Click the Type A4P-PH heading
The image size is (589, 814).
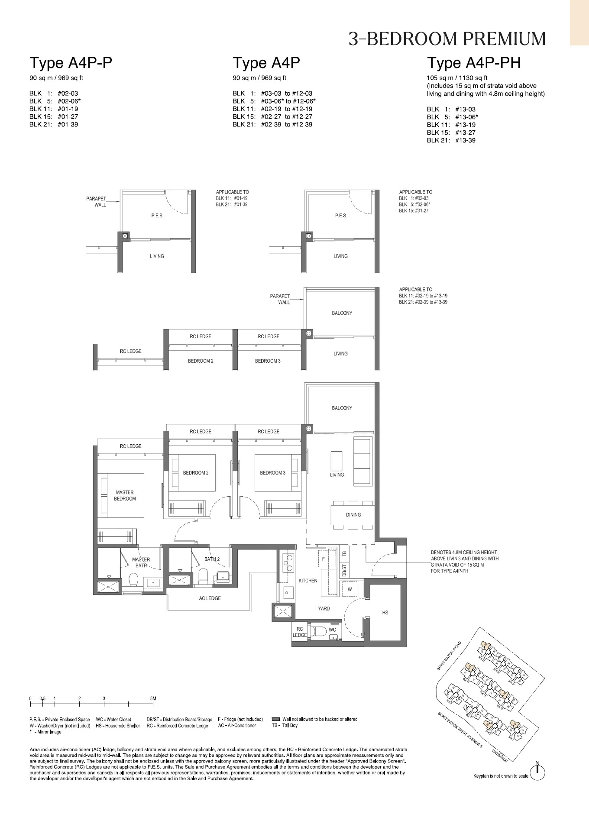click(x=474, y=63)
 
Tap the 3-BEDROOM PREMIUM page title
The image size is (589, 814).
click(x=447, y=39)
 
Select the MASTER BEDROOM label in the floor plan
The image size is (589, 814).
click(x=125, y=495)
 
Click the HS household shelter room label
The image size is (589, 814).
click(x=385, y=612)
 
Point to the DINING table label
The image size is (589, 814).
click(x=353, y=515)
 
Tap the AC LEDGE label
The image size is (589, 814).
click(x=210, y=598)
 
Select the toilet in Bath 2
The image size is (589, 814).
click(x=203, y=576)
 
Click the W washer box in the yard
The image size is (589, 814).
click(x=350, y=589)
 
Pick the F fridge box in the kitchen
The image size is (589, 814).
click(x=323, y=559)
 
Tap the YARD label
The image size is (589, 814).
click(x=324, y=608)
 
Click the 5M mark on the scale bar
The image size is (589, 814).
click(x=153, y=698)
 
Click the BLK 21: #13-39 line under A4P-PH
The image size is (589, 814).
click(x=451, y=140)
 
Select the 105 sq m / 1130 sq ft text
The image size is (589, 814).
click(x=457, y=78)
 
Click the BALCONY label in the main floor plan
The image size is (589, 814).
click(x=342, y=408)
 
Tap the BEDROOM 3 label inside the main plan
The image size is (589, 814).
click(x=272, y=473)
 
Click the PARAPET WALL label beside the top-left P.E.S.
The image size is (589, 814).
click(x=96, y=201)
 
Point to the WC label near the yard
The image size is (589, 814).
click(x=332, y=630)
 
